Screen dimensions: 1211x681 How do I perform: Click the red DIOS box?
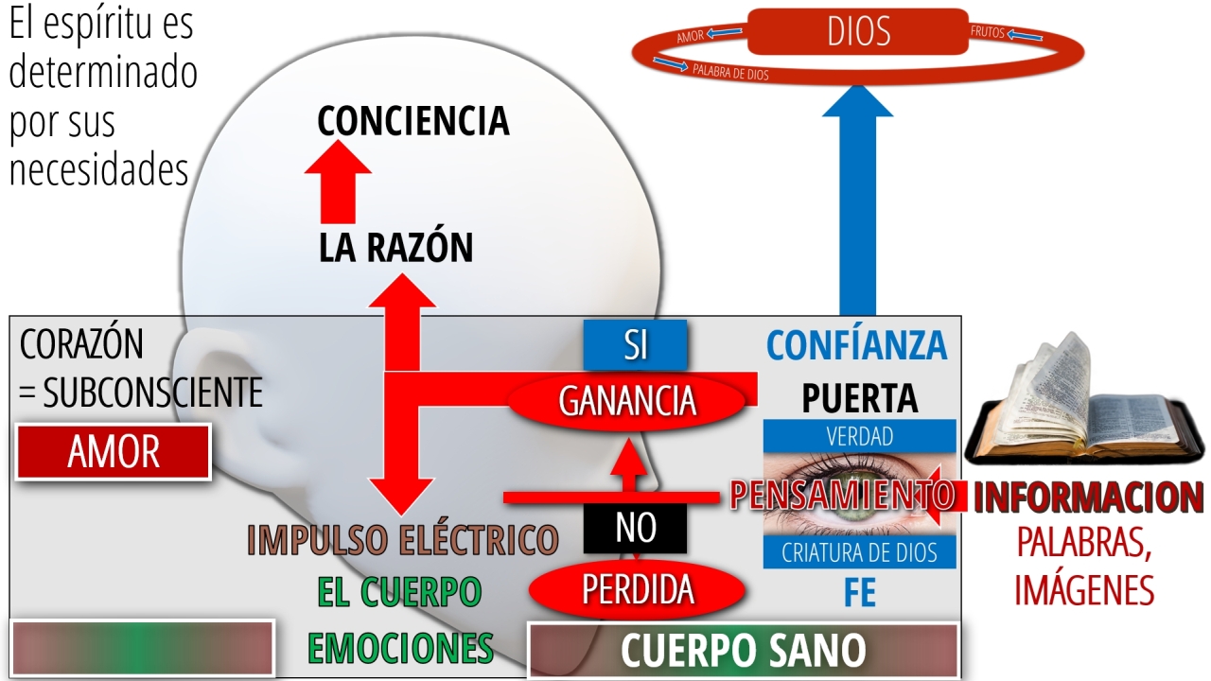tap(858, 31)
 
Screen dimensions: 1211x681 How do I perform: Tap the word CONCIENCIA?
tap(413, 120)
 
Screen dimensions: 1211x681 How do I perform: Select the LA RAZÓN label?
tap(396, 247)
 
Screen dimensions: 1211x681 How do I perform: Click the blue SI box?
tap(635, 345)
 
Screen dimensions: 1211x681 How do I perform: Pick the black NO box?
tap(635, 528)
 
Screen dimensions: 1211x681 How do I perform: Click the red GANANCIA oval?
tap(627, 402)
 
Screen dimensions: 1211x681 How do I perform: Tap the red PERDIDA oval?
tap(638, 589)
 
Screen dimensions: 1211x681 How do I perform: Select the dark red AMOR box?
tap(114, 452)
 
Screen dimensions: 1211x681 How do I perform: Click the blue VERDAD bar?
tap(860, 436)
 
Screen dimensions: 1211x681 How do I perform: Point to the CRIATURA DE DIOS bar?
tap(860, 552)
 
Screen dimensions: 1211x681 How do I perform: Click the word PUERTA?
tap(860, 398)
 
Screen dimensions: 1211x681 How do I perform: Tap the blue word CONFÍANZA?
tap(857, 345)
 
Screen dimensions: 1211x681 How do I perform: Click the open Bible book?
tap(1084, 406)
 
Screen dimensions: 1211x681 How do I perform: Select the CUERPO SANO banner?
tap(744, 650)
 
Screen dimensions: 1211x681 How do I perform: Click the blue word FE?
tap(860, 593)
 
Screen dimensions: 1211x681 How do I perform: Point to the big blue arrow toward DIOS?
tap(857, 200)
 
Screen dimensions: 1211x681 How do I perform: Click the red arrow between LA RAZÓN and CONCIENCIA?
tap(338, 183)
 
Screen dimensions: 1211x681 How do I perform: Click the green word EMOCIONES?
tap(400, 648)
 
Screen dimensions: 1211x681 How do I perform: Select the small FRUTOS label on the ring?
tap(987, 32)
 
